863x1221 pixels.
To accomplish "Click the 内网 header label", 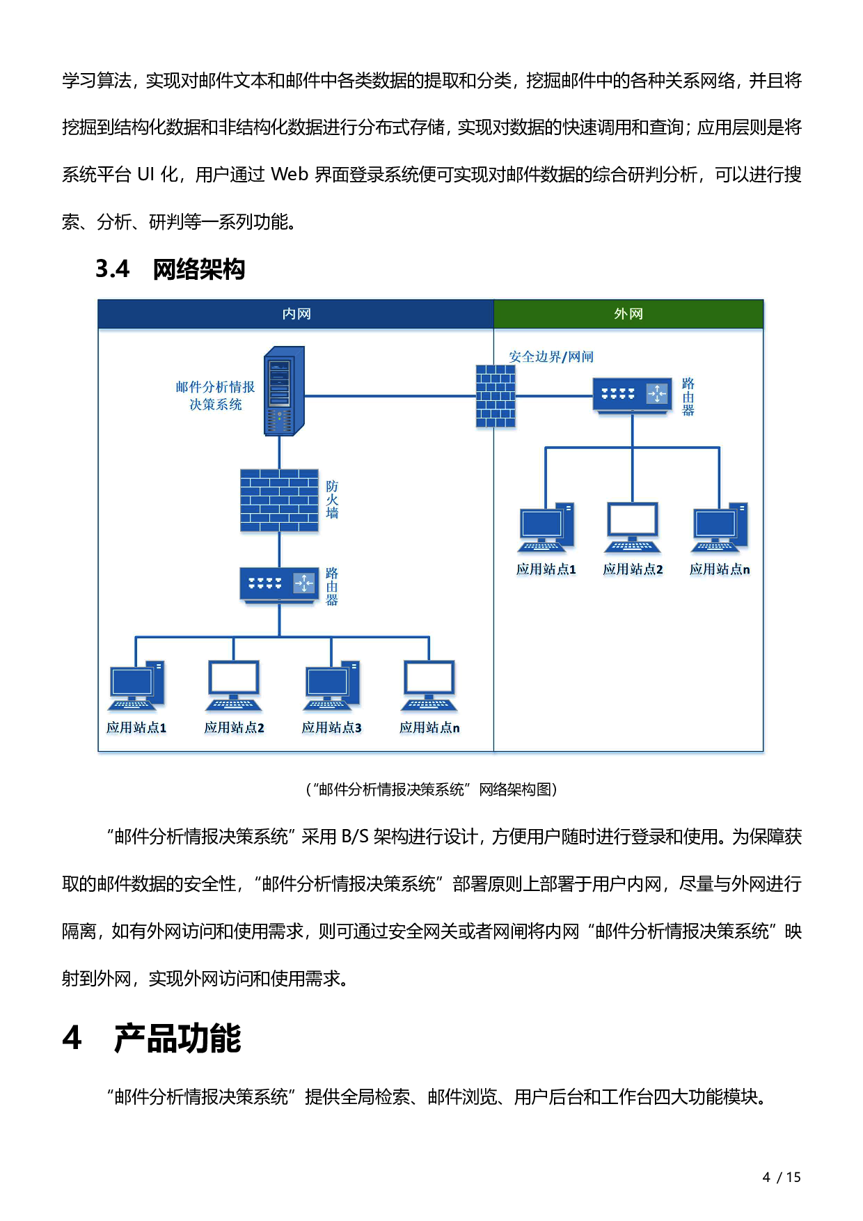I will pos(296,314).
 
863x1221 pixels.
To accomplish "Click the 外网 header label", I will pos(628,314).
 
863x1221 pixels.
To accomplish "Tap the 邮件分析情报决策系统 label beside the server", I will pos(215,395).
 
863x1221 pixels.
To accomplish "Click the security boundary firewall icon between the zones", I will pos(496,396).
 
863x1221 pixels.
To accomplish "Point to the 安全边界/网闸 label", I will pos(551,357).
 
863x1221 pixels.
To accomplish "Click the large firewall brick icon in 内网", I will pos(279,501).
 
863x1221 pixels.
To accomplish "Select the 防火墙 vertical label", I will pos(332,500).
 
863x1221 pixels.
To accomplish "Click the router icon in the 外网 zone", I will pos(632,395).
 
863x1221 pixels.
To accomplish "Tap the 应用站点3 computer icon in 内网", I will pos(331,686).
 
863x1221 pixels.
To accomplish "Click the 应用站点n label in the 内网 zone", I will pos(429,727).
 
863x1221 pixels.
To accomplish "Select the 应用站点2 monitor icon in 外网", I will pos(633,528).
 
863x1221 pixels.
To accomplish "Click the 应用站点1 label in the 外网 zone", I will pos(546,569).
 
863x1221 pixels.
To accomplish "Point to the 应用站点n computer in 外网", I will pos(720,528).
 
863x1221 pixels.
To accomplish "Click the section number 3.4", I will pos(113,269).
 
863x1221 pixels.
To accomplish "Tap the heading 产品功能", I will pos(177,1039).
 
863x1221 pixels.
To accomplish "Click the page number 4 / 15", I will pos(782,1177).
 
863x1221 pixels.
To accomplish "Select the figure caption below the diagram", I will pos(431,789).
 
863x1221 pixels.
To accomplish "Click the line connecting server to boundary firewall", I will pos(390,396).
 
